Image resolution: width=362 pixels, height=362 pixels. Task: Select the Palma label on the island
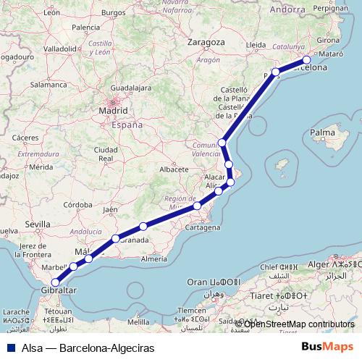click(x=322, y=133)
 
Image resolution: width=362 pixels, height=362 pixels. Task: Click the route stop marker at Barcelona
click(x=307, y=60)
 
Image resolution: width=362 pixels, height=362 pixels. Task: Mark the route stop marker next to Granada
click(x=116, y=238)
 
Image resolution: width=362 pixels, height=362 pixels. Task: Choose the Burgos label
click(x=114, y=12)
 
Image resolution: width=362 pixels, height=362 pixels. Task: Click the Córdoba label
click(x=77, y=205)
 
